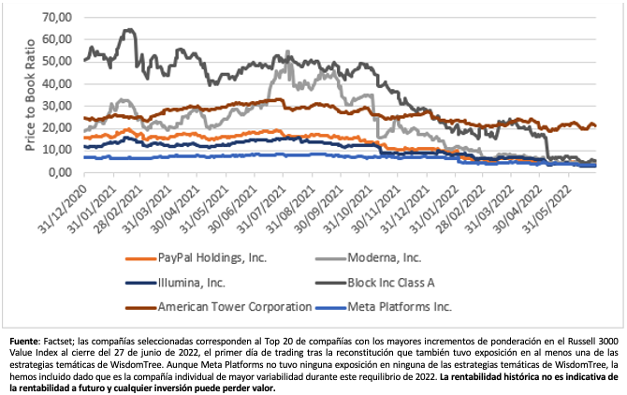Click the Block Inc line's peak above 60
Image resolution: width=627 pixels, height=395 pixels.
(128, 30)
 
